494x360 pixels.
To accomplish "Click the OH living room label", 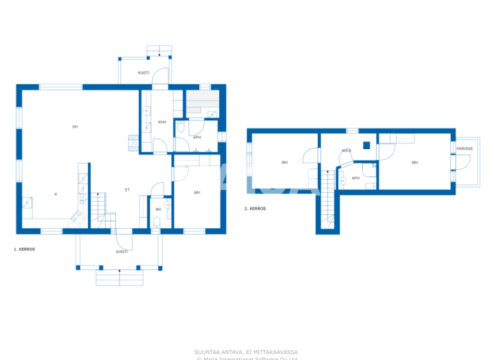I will click(75, 127).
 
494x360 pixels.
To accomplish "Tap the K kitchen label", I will click(55, 194).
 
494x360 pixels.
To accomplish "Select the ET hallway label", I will click(127, 190).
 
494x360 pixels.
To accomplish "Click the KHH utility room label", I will click(162, 122).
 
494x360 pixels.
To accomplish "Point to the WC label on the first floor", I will click(158, 209).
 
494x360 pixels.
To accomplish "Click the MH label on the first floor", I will click(197, 192).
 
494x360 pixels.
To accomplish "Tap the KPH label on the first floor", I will click(197, 137).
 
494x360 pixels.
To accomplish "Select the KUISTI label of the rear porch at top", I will click(143, 73).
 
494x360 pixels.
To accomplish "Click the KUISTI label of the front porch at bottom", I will click(122, 251).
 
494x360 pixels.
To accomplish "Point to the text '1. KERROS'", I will click(24, 248).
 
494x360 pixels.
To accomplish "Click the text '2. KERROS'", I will click(255, 208).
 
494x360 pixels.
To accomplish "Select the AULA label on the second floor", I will click(346, 150).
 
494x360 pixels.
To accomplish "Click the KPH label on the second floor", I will click(355, 178).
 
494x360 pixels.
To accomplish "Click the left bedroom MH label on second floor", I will click(284, 163).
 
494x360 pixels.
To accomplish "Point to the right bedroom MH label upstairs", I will click(414, 163).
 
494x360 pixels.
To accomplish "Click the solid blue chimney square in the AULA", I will click(366, 145).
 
